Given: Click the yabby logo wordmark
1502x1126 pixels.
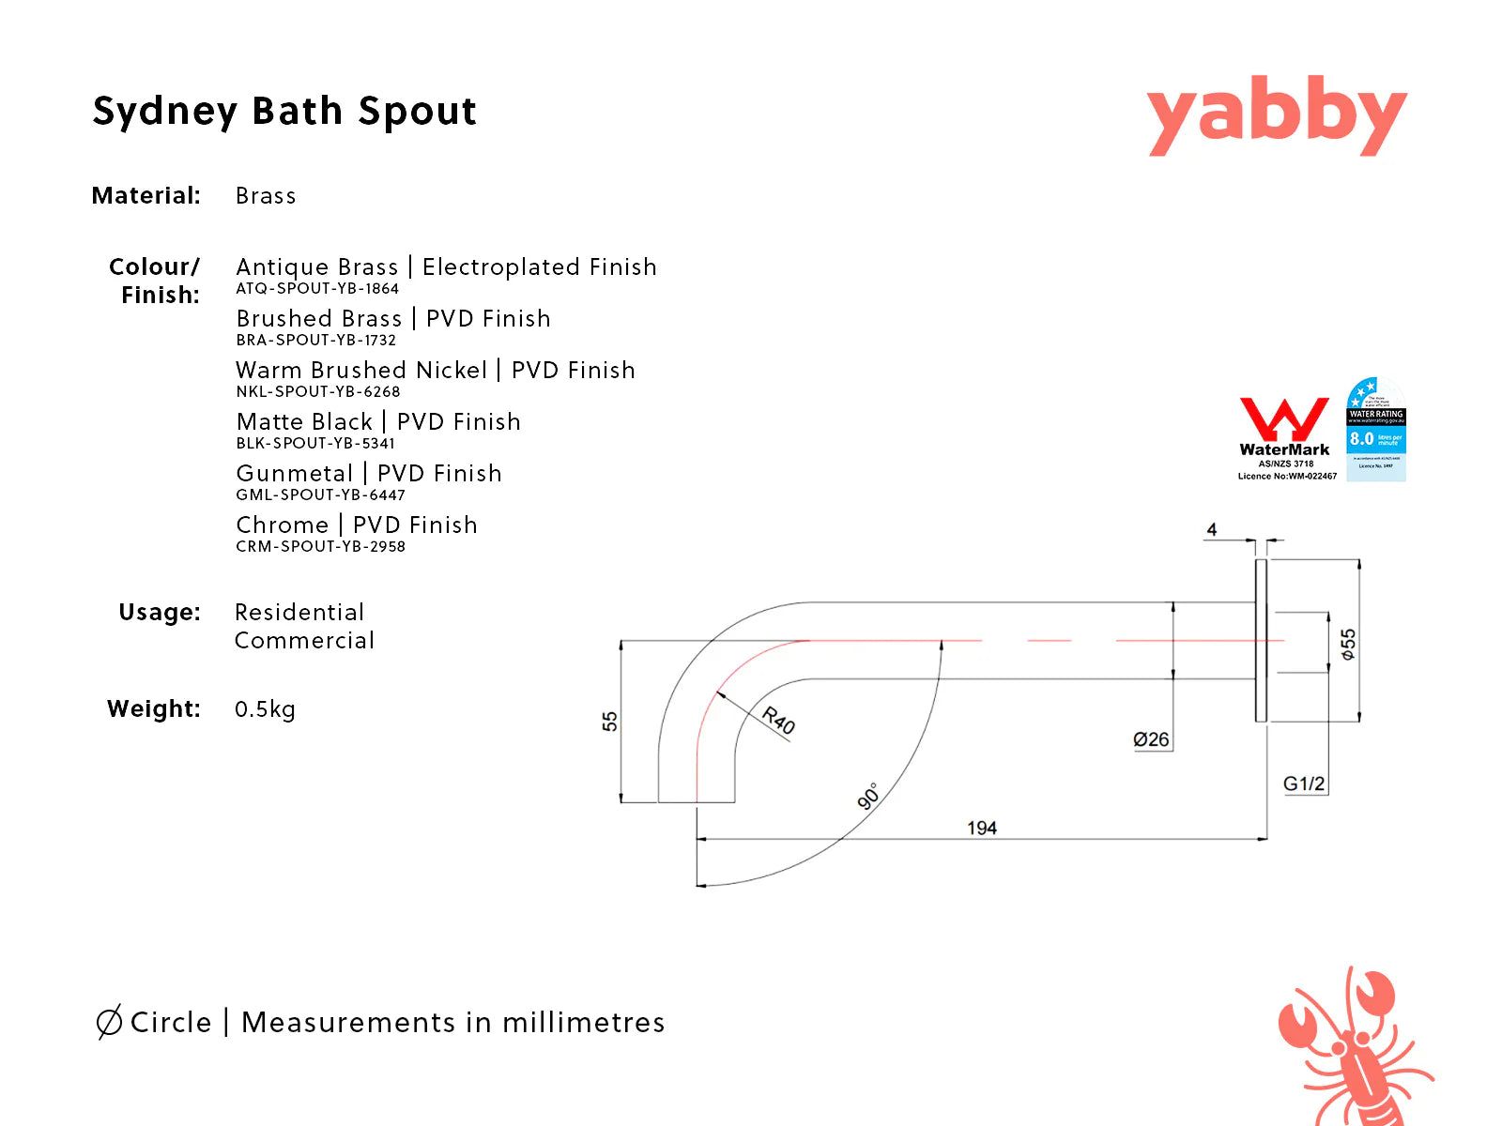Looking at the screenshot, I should tap(1277, 117).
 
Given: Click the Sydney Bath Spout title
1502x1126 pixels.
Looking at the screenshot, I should tap(284, 111).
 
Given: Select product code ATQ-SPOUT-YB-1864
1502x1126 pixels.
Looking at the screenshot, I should tap(317, 289).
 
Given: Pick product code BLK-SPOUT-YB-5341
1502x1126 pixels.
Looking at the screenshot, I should tap(315, 444).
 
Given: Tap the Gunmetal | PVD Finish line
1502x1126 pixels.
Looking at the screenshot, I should tap(369, 473).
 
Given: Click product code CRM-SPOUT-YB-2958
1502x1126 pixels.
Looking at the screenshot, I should tap(320, 547).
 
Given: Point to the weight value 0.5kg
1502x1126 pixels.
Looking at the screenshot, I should tap(265, 709).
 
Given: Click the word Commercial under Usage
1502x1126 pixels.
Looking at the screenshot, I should tap(304, 641).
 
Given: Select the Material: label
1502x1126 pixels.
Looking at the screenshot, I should tap(146, 196).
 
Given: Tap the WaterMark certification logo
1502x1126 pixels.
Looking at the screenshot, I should tap(1286, 437).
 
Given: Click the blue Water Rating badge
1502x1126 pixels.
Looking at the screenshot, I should tap(1376, 430).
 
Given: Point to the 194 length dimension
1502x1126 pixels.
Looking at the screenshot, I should tap(982, 828).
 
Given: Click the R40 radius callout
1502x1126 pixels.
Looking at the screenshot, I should tap(778, 721).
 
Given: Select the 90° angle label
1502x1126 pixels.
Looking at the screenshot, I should tap(868, 796).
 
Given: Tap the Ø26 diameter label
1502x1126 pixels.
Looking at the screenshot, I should tap(1151, 739).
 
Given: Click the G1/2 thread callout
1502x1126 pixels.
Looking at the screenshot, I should tap(1305, 784).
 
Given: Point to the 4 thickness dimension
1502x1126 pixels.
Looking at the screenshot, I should tap(1212, 530).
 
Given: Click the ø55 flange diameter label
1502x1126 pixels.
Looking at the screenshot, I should tap(1348, 644).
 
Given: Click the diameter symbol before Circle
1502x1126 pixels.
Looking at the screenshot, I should tap(109, 1022).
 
